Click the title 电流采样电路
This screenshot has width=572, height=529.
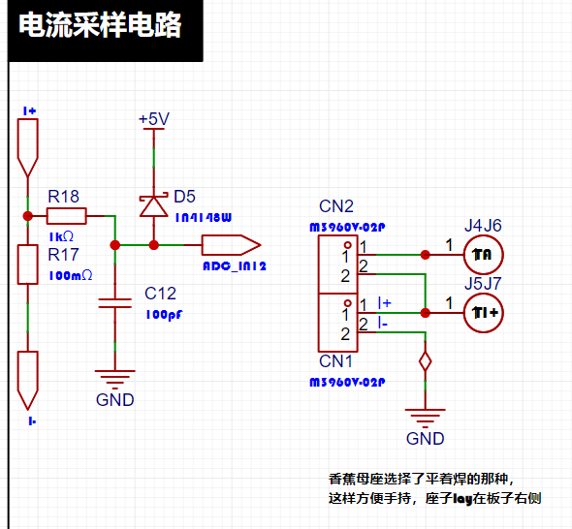[100, 25]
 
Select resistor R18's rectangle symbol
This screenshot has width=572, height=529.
[66, 216]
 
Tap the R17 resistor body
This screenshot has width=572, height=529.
[28, 264]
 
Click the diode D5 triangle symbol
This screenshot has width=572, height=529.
[153, 206]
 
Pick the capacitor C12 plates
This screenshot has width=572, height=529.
[115, 303]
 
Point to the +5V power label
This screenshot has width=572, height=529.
[154, 119]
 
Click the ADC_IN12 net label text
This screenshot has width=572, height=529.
[235, 266]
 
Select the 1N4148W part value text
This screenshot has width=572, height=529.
[204, 218]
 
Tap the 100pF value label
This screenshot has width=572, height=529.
[164, 315]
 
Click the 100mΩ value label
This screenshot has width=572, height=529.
[71, 275]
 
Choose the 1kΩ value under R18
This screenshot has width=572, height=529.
[61, 236]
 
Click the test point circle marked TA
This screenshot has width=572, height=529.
[484, 255]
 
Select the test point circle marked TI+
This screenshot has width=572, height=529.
[484, 312]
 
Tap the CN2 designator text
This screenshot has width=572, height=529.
[336, 206]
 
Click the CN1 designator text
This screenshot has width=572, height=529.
[335, 361]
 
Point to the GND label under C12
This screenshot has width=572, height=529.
[115, 400]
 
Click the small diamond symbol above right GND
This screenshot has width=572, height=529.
[425, 361]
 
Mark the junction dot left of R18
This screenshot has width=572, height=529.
[28, 216]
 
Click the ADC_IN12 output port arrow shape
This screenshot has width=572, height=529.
[232, 245]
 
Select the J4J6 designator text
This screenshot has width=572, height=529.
[483, 226]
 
